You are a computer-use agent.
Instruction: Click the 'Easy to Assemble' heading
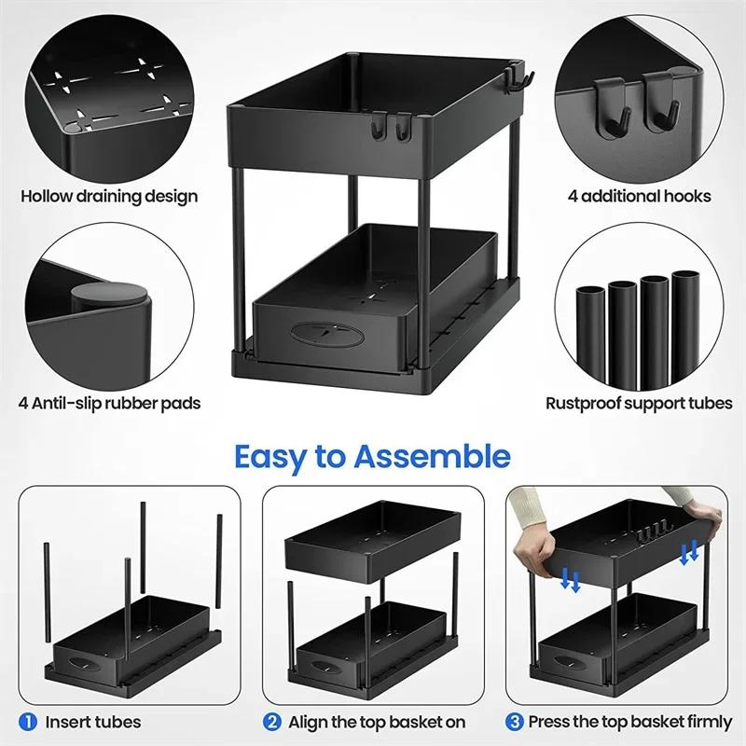tap(372, 457)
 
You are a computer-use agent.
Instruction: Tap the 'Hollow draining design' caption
tap(109, 196)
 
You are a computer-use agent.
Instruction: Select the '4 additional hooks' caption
tap(640, 196)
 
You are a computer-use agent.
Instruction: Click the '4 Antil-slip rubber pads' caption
tap(110, 403)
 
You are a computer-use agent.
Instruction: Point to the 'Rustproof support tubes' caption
tap(639, 403)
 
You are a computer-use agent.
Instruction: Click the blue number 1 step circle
tap(30, 722)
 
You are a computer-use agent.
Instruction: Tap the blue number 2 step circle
tap(273, 722)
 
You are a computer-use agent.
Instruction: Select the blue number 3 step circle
tap(516, 722)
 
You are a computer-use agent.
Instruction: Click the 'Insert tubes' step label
tap(93, 722)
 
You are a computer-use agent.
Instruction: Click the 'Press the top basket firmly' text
tap(629, 722)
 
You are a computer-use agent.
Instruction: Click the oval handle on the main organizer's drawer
tap(318, 334)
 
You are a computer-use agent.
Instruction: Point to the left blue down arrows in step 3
tap(571, 581)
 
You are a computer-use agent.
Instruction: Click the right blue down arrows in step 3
tap(690, 552)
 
